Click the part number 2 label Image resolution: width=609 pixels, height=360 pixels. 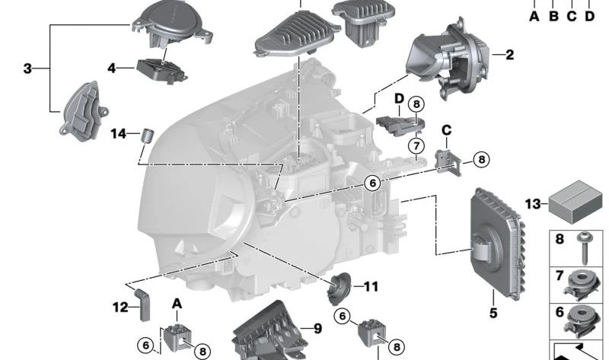click(x=509, y=55)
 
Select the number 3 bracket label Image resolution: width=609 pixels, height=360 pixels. click(x=27, y=68)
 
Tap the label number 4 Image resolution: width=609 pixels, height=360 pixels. click(x=111, y=68)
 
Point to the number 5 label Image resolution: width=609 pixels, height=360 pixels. click(x=493, y=313)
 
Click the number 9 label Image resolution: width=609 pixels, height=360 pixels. click(x=317, y=329)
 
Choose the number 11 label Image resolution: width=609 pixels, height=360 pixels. click(x=371, y=287)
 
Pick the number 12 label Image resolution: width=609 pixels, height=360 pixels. click(x=120, y=307)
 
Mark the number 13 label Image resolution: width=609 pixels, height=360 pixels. click(x=532, y=203)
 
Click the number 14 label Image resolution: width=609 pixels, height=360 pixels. click(x=119, y=134)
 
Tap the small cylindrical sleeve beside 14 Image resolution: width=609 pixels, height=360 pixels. click(x=147, y=135)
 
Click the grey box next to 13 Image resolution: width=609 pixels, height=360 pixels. click(x=576, y=202)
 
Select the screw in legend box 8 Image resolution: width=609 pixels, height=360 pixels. click(x=584, y=248)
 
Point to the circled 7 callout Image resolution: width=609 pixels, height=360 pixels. click(x=416, y=146)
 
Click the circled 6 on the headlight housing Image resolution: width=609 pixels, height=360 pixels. click(x=372, y=183)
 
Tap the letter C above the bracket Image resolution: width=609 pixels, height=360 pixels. click(x=447, y=130)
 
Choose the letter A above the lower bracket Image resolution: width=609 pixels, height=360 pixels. click(x=177, y=304)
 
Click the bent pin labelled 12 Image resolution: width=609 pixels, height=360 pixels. click(x=143, y=304)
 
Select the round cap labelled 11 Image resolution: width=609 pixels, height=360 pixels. click(x=338, y=288)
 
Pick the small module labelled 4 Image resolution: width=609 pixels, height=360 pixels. click(x=161, y=71)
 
